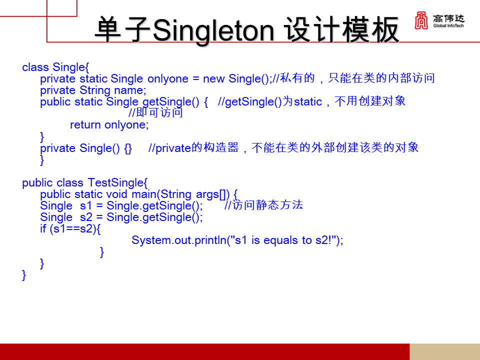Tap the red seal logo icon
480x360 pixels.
tap(421, 20)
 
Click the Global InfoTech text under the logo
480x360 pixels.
tap(448, 25)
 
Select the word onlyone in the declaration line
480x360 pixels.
tap(168, 79)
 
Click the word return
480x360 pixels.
tap(85, 125)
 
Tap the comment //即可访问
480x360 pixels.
tap(156, 112)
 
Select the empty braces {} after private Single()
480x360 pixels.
tap(128, 148)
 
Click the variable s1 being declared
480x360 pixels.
tap(85, 205)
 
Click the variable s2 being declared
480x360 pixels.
tap(86, 217)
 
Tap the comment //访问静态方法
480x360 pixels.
tap(263, 205)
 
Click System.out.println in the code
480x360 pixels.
tap(179, 240)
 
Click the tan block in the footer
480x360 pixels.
tap(445, 351)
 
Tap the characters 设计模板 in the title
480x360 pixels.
tap(341, 30)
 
